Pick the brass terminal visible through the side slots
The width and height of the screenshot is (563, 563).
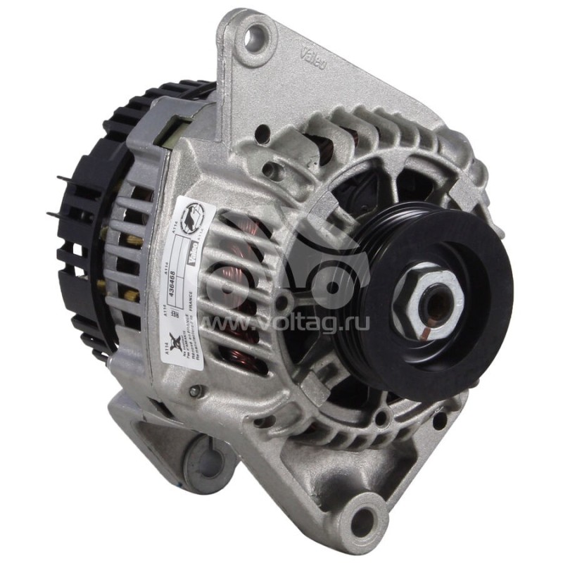(x=134, y=241)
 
